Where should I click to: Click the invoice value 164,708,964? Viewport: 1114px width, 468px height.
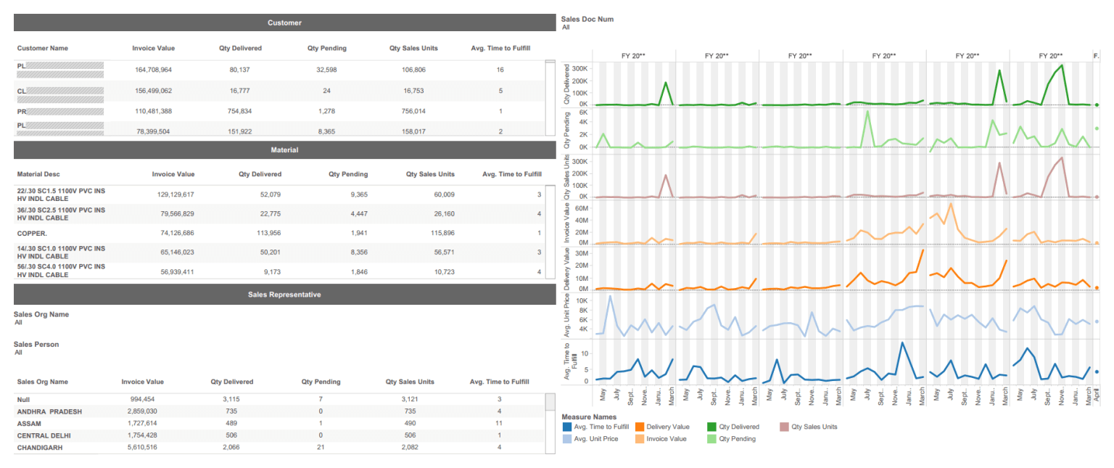153,70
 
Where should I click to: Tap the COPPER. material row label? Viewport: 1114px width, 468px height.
32,234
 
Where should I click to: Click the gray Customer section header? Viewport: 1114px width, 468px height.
284,23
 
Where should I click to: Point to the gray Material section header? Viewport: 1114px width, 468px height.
284,150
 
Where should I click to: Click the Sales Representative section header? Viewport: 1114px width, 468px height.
284,295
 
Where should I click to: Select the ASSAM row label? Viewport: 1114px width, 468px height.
30,422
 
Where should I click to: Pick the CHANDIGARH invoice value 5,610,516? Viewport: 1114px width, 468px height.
138,448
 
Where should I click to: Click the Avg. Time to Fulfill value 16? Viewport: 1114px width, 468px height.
500,70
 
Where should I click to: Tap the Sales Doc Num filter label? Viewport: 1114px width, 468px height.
587,19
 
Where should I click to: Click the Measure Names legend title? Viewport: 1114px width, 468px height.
589,417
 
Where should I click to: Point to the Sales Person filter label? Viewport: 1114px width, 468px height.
36,344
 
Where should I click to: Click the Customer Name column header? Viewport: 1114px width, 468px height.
43,49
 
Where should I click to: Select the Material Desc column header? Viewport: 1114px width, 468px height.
39,174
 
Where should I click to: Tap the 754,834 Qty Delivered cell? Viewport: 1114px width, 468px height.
240,111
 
